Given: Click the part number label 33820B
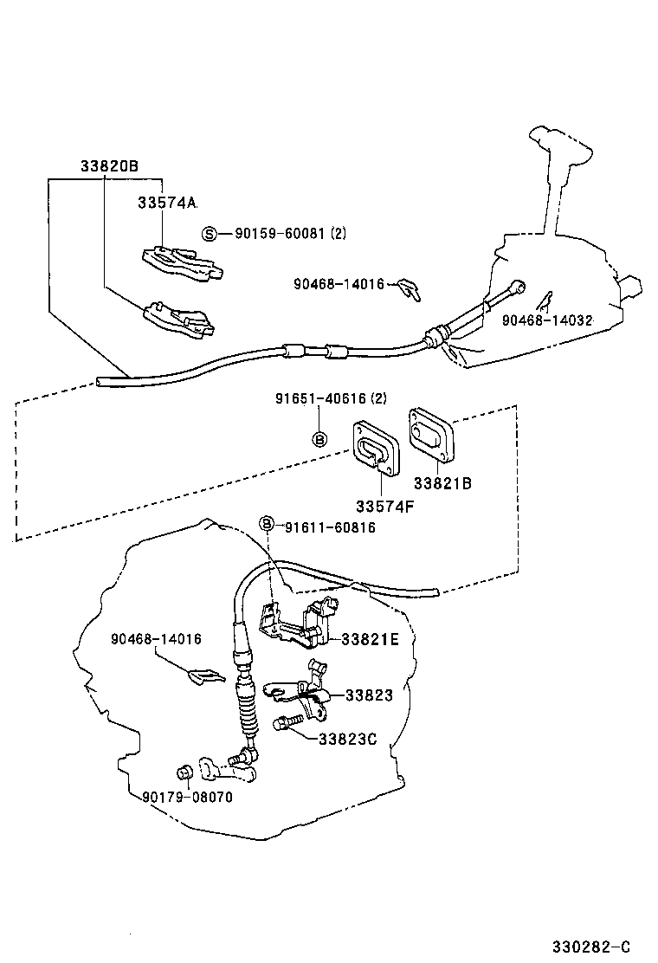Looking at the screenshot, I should coord(109,166).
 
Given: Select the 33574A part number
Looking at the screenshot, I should coord(166,203).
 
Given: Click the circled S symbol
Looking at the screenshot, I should coord(209,233).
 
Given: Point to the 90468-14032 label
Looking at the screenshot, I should coord(547,320).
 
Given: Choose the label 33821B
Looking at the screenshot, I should coord(442,483).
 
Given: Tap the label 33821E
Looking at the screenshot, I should coord(370,640).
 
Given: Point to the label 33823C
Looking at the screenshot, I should coord(346,739).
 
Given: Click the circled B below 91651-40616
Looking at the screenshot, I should coord(319,438).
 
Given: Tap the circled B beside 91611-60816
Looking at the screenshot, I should coord(268,525).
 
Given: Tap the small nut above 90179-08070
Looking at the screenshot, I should coord(184,772).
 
